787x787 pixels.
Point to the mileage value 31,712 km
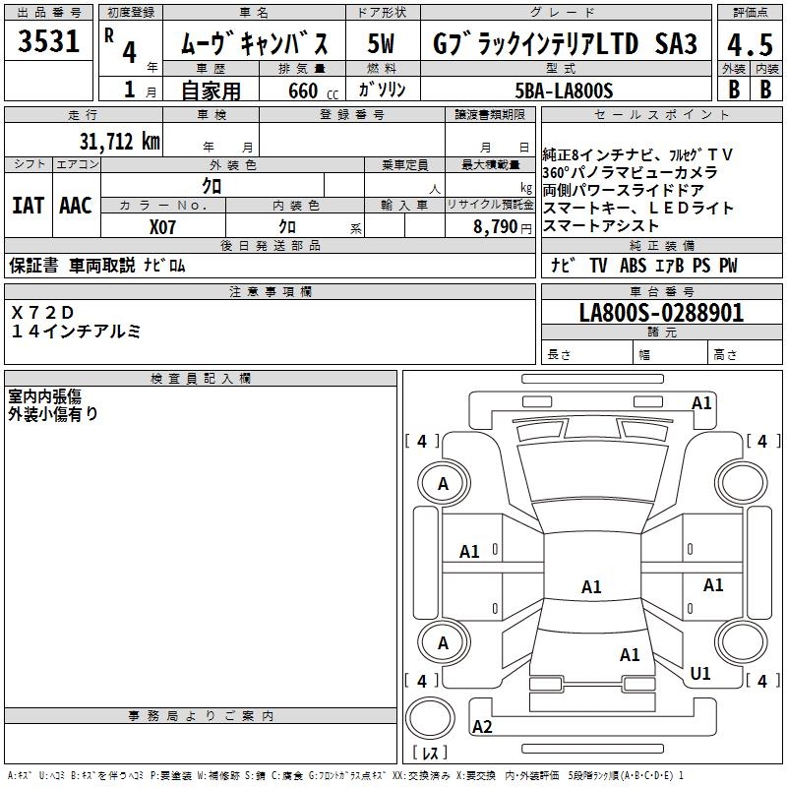120,142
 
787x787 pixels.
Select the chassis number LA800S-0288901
661,314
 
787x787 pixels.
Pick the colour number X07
163,225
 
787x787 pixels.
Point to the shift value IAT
28,206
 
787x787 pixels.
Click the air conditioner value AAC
76,206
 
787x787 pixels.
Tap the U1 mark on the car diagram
700,674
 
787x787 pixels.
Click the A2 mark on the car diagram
482,727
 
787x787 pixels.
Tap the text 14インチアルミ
76,332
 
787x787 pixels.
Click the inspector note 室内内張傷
45,395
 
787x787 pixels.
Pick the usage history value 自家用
211,91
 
